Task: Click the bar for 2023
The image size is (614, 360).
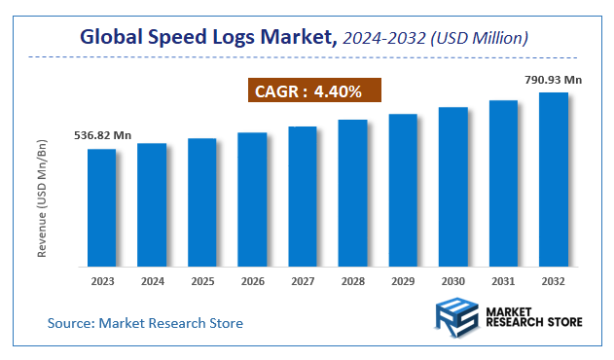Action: [101, 207]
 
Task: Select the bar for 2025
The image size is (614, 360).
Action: [201, 202]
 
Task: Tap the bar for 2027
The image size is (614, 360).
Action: [303, 197]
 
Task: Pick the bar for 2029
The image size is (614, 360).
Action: [403, 190]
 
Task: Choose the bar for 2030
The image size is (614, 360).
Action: [453, 187]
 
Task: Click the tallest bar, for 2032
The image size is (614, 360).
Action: [554, 179]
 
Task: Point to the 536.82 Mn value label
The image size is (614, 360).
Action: [100, 135]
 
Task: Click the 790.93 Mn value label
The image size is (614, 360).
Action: [554, 79]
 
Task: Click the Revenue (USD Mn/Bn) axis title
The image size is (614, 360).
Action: [43, 198]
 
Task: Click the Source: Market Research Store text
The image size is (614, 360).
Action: [145, 322]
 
